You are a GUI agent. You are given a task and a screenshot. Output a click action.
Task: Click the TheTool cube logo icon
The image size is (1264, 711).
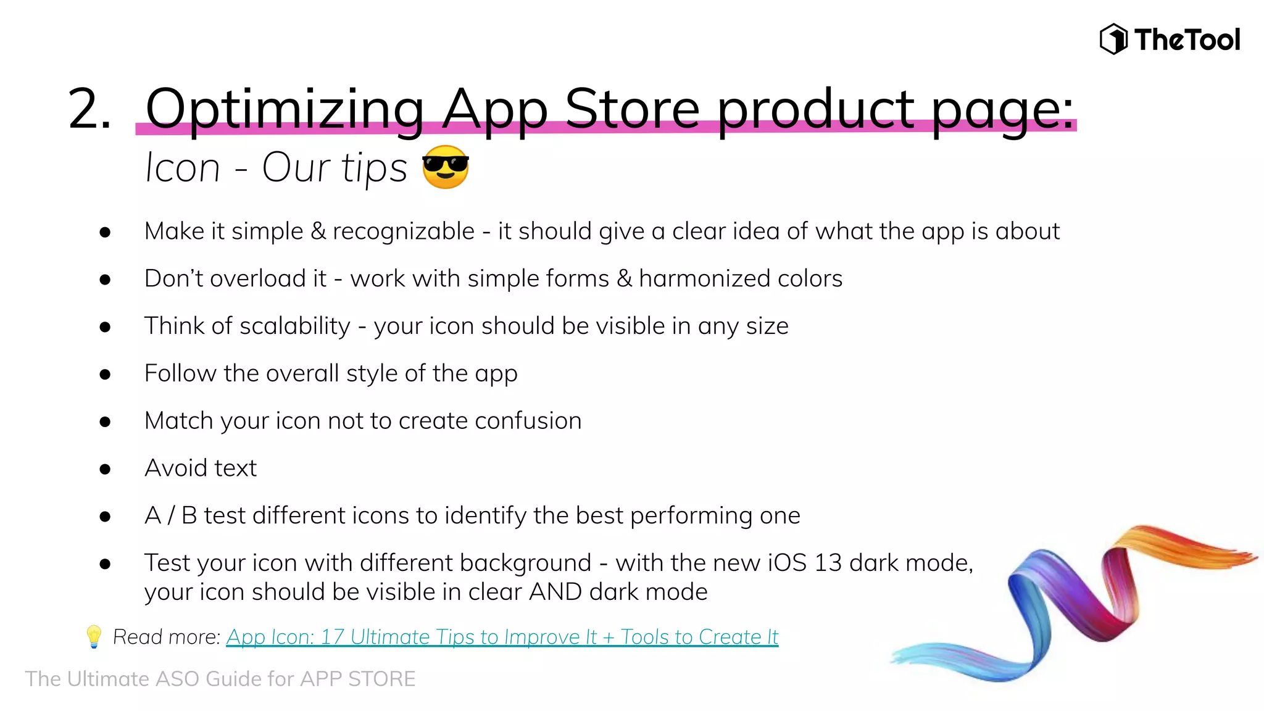tap(1113, 39)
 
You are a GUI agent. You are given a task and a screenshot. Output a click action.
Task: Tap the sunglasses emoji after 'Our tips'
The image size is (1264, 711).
tap(446, 167)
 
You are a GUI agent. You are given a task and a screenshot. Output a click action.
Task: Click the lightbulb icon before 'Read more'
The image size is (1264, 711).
tap(94, 636)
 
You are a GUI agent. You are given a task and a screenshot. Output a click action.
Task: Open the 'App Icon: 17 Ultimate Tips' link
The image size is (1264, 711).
tap(502, 636)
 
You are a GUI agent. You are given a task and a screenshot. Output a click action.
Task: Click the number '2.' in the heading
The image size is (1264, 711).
tap(90, 109)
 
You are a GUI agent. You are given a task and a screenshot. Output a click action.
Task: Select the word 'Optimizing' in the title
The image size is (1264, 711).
tap(285, 109)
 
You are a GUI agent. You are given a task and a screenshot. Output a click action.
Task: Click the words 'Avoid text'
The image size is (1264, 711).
tap(200, 468)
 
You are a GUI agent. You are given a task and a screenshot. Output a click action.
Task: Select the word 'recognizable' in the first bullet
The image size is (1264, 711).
tap(404, 231)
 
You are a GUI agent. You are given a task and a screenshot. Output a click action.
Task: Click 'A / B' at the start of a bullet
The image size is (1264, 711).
tap(170, 515)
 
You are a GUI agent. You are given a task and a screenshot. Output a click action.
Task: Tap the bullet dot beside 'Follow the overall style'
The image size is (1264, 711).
tap(105, 374)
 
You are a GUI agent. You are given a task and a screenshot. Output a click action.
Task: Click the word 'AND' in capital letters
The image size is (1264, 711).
tap(555, 592)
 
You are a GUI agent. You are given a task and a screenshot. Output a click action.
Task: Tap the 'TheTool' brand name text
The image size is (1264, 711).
tap(1186, 39)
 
